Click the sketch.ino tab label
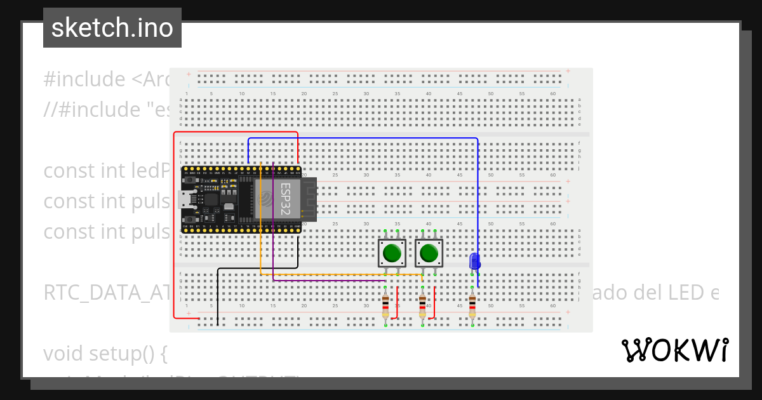[112, 28]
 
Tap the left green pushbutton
[392, 253]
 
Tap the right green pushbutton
[429, 253]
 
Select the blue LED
[474, 261]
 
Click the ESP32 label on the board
[286, 198]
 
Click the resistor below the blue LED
[472, 307]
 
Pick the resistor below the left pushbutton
[385, 307]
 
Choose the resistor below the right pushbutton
[422, 307]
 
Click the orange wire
[330, 275]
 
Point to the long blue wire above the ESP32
[362, 138]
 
